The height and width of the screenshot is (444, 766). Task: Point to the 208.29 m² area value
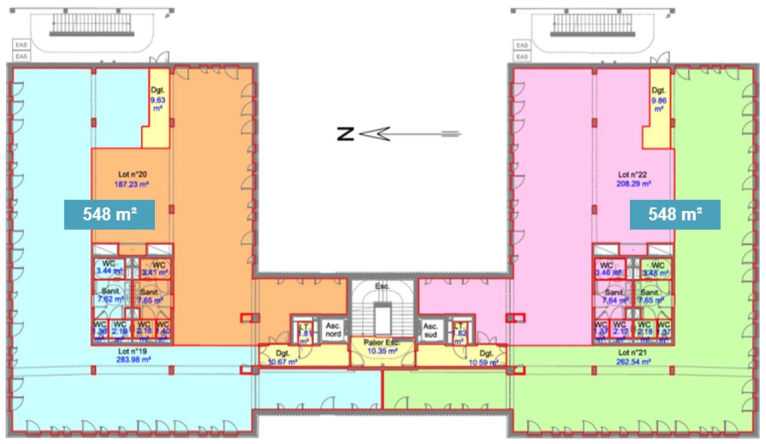point(634,184)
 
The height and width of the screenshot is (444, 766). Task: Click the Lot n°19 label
point(133,351)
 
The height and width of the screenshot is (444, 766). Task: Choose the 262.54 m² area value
point(633,361)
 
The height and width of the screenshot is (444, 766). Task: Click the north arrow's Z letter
point(345,134)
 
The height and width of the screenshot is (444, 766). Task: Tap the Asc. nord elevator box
point(333,330)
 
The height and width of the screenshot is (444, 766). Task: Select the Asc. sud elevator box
point(430,330)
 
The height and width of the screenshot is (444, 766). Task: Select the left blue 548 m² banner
point(110,215)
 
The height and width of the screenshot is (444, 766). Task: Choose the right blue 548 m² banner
point(676,215)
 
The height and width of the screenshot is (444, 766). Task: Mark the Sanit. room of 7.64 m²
point(614,297)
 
